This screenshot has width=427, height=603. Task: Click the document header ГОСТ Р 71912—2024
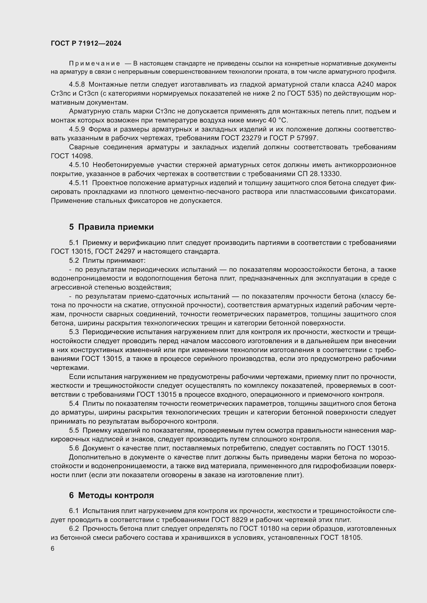[x=86, y=44]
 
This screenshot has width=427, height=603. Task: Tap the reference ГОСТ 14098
[x=72, y=156]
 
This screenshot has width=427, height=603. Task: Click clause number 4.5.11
[x=78, y=183]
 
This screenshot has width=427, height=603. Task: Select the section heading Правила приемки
[x=116, y=227]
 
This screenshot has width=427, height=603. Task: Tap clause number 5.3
[x=74, y=332]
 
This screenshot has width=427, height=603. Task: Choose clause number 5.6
[x=74, y=448]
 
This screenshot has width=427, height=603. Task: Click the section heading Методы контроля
[x=116, y=495]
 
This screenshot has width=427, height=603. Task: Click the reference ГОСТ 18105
[x=341, y=538]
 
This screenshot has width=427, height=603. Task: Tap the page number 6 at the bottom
[x=53, y=549]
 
